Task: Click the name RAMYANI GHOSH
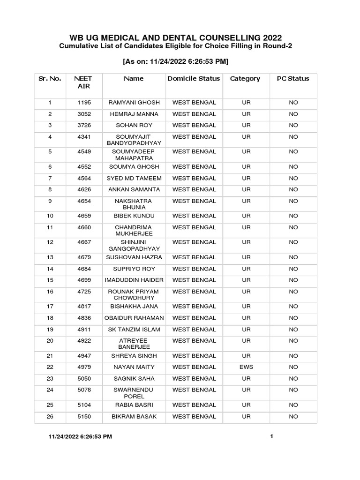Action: pyautogui.click(x=134, y=103)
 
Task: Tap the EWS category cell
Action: pyautogui.click(x=246, y=367)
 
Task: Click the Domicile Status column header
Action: pyautogui.click(x=194, y=79)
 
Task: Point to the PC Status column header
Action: pyautogui.click(x=293, y=79)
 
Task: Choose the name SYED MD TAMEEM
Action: pyautogui.click(x=134, y=178)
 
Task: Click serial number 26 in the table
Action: pyautogui.click(x=50, y=416)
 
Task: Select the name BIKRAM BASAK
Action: pyautogui.click(x=134, y=416)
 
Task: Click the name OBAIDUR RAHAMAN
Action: pyautogui.click(x=134, y=318)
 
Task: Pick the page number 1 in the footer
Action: pyautogui.click(x=271, y=436)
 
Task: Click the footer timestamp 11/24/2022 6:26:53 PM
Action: pyautogui.click(x=81, y=437)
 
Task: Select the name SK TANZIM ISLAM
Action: pyautogui.click(x=134, y=330)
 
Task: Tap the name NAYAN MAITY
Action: pyautogui.click(x=134, y=367)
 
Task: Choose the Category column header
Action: pyautogui.click(x=245, y=79)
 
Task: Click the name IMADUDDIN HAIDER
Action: pyautogui.click(x=134, y=280)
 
